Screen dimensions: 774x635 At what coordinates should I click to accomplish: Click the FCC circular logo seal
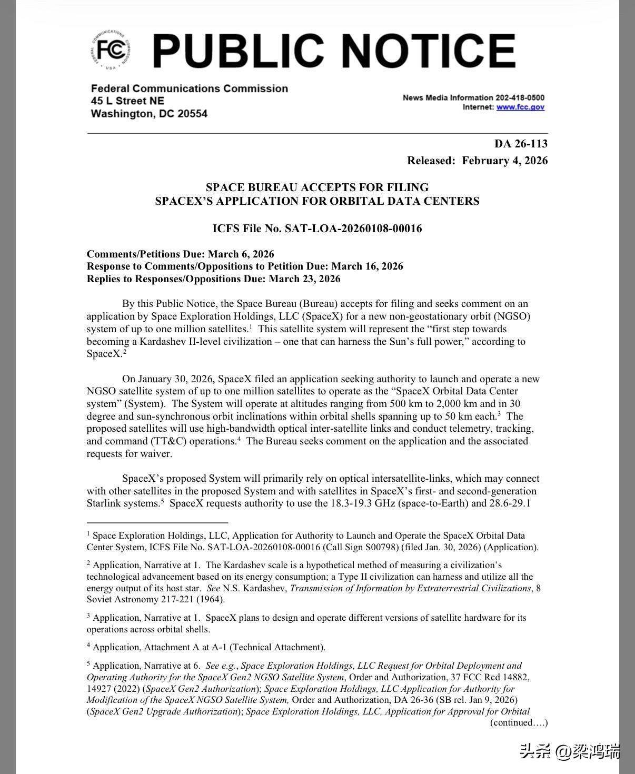[111, 51]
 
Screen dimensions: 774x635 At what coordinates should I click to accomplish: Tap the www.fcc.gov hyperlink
[520, 107]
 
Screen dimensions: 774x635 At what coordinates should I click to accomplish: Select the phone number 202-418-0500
[520, 97]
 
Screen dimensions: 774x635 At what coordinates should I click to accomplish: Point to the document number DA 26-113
[521, 144]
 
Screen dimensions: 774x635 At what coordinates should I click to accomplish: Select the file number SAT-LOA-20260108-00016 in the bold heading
[353, 229]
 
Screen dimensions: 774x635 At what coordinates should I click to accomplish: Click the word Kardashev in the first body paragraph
[156, 342]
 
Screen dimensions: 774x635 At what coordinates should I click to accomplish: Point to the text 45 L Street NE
[127, 101]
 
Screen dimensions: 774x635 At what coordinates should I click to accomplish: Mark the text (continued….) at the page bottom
[519, 722]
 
